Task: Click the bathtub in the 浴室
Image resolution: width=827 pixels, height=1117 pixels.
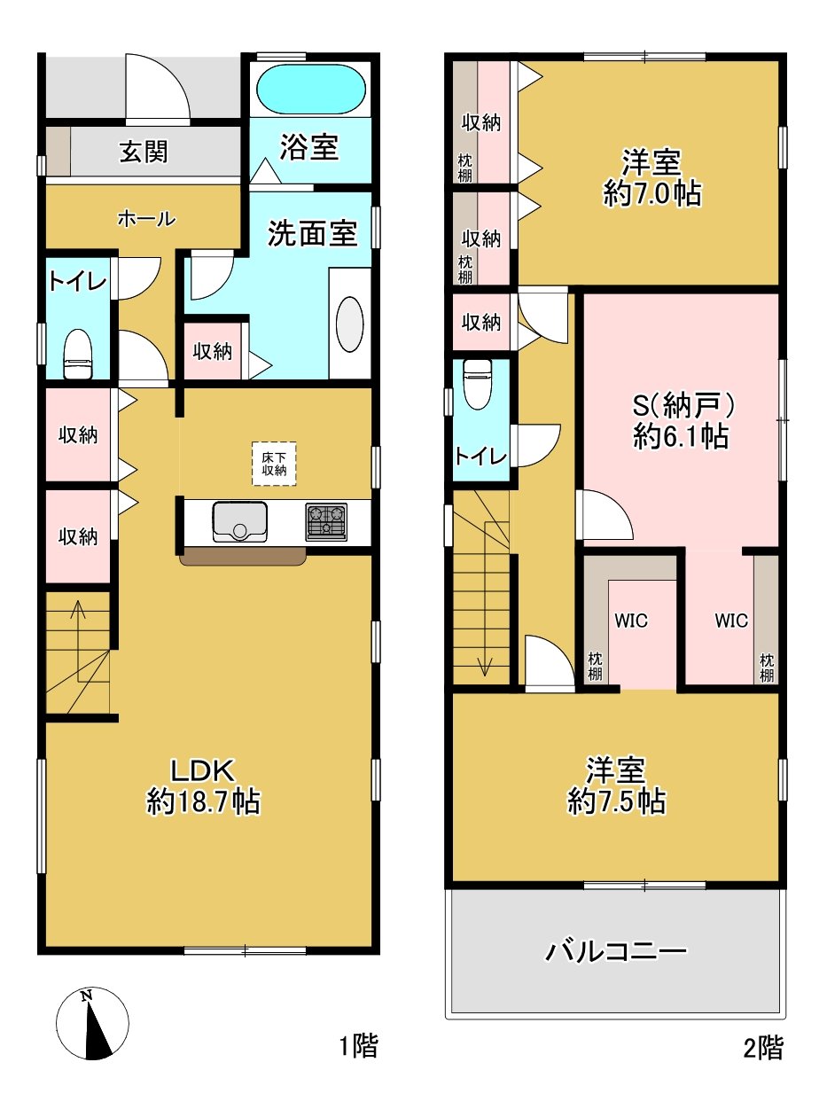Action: [x=311, y=90]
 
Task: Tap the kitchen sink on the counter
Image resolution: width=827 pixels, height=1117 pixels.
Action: [x=239, y=522]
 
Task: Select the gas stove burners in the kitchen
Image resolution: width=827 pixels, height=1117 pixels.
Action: [x=326, y=522]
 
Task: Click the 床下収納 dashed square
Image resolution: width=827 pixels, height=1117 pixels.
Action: [x=274, y=464]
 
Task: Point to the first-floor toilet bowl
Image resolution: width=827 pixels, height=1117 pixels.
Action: [x=78, y=354]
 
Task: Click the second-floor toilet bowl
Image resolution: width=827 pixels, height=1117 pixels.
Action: [x=477, y=385]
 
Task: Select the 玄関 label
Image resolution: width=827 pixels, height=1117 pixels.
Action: [x=144, y=152]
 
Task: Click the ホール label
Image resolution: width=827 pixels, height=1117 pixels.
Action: [x=146, y=219]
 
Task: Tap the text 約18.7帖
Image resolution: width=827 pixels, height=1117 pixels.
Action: [x=203, y=802]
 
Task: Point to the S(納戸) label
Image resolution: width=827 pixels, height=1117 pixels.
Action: [x=683, y=406]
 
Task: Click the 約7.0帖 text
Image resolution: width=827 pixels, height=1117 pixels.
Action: [x=651, y=193]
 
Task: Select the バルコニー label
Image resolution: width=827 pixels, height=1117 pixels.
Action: [x=616, y=952]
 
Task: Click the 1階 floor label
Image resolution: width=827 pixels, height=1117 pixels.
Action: [x=359, y=1045]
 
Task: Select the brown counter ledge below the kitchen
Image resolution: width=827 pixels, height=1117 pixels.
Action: [x=243, y=556]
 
